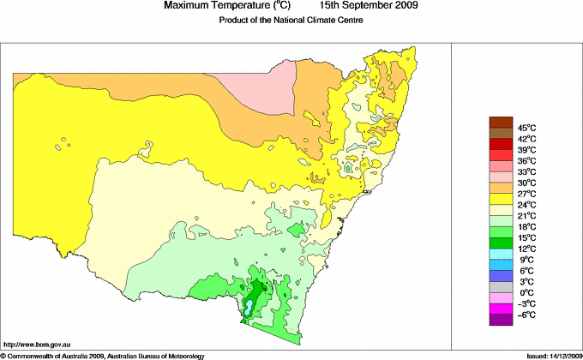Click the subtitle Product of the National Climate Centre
[x=291, y=21]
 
